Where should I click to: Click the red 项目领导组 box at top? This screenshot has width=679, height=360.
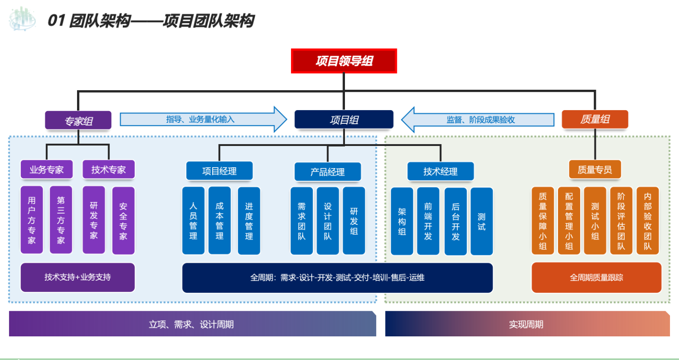(344, 61)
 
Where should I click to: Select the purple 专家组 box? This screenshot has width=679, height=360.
(78, 120)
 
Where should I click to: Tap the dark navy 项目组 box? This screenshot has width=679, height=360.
(344, 120)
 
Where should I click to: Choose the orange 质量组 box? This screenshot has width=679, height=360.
(595, 120)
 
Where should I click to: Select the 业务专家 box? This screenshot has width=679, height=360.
(46, 170)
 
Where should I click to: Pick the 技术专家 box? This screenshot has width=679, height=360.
(109, 170)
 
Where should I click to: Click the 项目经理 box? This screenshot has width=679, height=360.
(219, 171)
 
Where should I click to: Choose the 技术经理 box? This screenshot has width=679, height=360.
(440, 171)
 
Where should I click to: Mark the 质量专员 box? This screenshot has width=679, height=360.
(594, 170)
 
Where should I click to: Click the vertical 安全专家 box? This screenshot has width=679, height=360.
(123, 221)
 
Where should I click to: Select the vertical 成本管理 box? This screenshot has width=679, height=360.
(220, 221)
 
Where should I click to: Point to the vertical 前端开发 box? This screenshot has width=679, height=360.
(428, 221)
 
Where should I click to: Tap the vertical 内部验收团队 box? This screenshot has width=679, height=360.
(647, 221)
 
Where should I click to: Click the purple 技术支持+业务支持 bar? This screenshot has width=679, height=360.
(78, 277)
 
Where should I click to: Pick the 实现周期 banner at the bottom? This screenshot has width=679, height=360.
(527, 324)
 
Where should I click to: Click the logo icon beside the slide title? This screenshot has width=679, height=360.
(22, 19)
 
